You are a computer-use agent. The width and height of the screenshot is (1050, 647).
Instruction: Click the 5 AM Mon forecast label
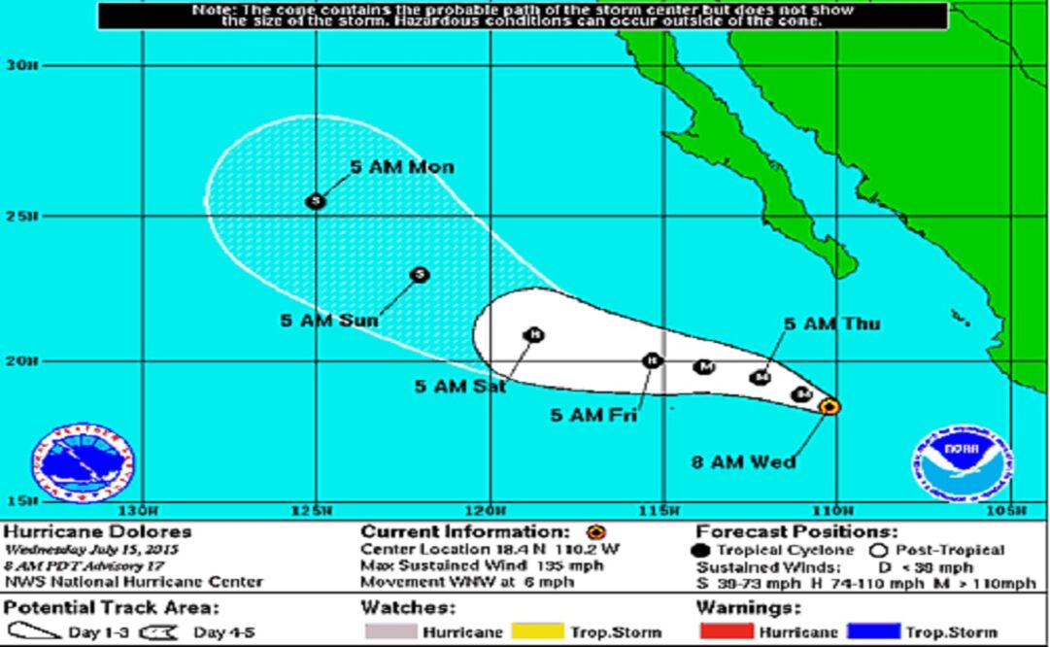point(401,167)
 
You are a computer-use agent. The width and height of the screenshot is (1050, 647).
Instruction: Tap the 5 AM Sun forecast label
point(329,320)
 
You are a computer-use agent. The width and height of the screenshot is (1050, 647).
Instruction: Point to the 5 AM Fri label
point(593,415)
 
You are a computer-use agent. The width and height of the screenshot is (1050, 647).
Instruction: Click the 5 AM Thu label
point(831,323)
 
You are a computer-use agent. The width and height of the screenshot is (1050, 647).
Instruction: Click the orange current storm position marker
point(830,406)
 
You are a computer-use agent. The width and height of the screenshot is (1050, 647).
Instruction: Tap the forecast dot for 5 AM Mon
point(315,201)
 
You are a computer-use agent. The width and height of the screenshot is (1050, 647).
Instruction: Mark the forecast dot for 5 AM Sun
point(420,275)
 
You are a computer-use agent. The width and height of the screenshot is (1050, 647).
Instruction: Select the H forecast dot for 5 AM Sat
point(533,335)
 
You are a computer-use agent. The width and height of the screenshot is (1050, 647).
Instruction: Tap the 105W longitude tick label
point(1010,511)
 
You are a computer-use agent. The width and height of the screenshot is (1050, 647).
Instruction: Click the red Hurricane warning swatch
point(727,632)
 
